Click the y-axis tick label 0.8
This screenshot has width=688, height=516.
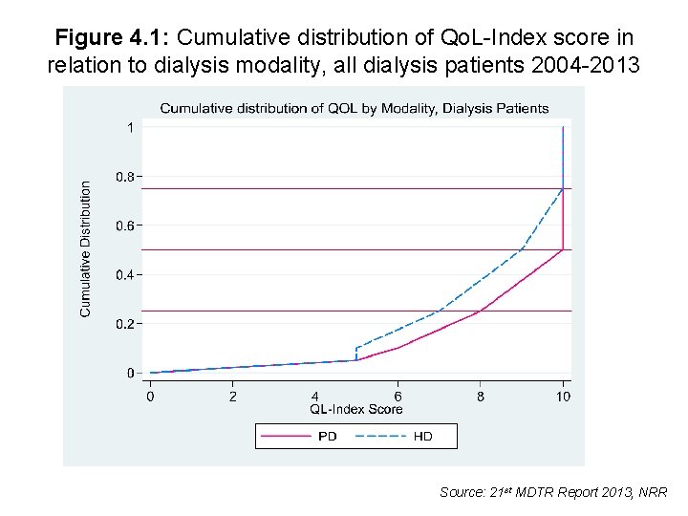pyautogui.click(x=125, y=177)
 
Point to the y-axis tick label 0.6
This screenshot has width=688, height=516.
pyautogui.click(x=125, y=226)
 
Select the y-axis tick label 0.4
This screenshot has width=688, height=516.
pyautogui.click(x=125, y=275)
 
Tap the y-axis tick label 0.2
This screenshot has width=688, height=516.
pyautogui.click(x=125, y=324)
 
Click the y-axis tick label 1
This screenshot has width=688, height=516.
pyautogui.click(x=130, y=127)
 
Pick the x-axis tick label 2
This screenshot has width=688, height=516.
pyautogui.click(x=232, y=396)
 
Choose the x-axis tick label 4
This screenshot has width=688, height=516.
pyautogui.click(x=315, y=396)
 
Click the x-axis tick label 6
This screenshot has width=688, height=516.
pyautogui.click(x=398, y=396)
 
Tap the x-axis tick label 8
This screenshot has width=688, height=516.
pyautogui.click(x=481, y=396)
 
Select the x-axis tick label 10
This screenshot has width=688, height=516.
pyautogui.click(x=563, y=396)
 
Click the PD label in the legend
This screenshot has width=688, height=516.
pyautogui.click(x=327, y=437)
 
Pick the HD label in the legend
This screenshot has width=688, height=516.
pyautogui.click(x=422, y=437)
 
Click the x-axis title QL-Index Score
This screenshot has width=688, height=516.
pyautogui.click(x=355, y=409)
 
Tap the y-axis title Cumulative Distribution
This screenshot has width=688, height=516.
pyautogui.click(x=86, y=249)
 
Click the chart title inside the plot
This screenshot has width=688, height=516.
pyautogui.click(x=355, y=108)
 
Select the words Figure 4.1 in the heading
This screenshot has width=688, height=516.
pyautogui.click(x=111, y=38)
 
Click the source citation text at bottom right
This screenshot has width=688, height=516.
pyautogui.click(x=554, y=492)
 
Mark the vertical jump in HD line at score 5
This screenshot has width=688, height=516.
pyautogui.click(x=356, y=354)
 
